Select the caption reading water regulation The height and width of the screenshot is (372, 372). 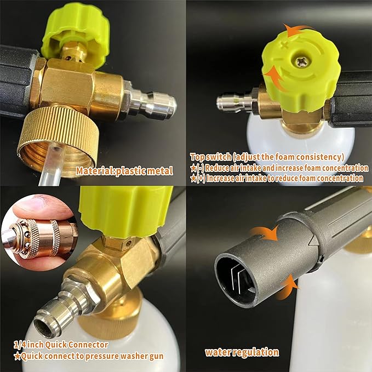click(x=242, y=352)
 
